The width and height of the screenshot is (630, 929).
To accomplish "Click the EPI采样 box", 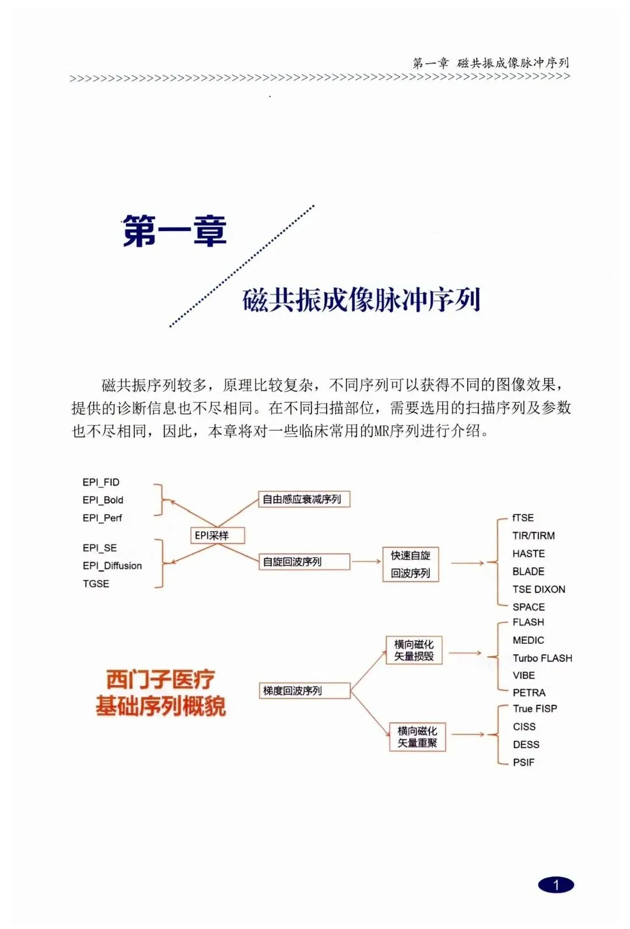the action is [218, 535].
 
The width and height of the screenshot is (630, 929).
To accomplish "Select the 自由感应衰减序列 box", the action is [304, 500].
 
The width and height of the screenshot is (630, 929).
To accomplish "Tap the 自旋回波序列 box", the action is [304, 561].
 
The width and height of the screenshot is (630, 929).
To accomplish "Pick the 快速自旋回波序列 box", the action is [411, 564].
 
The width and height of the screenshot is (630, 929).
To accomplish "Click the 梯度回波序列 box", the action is [304, 690].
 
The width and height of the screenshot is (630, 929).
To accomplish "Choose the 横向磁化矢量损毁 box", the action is [414, 650].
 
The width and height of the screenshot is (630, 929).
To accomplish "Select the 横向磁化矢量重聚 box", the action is [417, 737].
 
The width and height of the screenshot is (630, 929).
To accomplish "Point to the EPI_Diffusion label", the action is [112, 565].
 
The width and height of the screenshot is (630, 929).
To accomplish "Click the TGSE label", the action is [96, 584].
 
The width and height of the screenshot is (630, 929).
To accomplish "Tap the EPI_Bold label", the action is [103, 500].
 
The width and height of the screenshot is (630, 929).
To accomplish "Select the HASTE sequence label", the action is [528, 554].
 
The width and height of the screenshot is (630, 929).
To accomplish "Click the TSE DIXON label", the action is [538, 589].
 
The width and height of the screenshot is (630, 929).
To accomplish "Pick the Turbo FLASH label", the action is [542, 658].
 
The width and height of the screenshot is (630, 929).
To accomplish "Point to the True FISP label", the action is [535, 709].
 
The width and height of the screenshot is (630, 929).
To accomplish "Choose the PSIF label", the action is [523, 762].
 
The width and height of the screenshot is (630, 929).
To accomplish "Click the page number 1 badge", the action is [556, 885].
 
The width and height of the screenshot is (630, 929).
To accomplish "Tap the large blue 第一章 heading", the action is [175, 231].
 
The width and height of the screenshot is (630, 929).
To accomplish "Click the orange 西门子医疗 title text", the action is [160, 679].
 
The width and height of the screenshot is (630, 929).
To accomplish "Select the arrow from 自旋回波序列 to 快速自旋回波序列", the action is [366, 561].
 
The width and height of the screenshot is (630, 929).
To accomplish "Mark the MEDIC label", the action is [528, 640].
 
